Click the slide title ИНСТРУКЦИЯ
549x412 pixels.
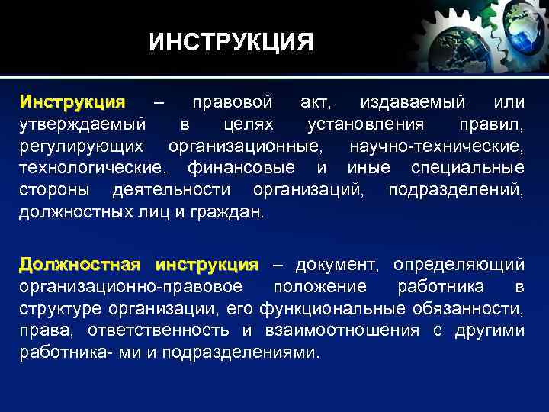[231, 42]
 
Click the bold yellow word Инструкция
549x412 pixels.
[72, 102]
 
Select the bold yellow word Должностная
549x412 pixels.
[79, 265]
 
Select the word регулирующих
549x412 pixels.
[84, 146]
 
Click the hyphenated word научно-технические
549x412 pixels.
[436, 146]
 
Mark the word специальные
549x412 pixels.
[467, 167]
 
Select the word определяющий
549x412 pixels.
[458, 266]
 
